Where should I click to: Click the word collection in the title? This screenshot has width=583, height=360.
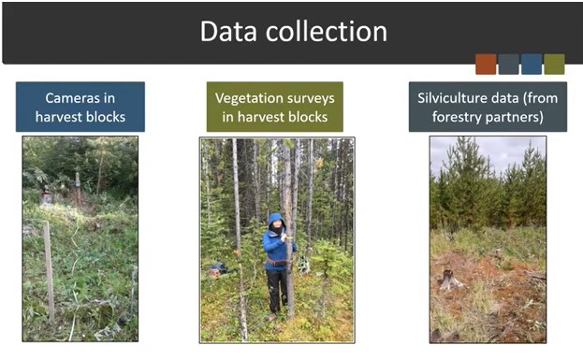pyautogui.click(x=328, y=31)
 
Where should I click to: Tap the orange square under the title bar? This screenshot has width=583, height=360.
pyautogui.click(x=485, y=64)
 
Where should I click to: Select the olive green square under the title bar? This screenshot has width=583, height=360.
pyautogui.click(x=554, y=64)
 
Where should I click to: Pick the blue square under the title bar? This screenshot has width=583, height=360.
pyautogui.click(x=531, y=64)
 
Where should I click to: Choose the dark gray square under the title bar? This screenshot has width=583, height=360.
pyautogui.click(x=508, y=64)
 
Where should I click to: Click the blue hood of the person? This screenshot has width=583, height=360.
pyautogui.click(x=274, y=220)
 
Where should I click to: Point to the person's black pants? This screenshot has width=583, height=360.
pyautogui.click(x=276, y=289)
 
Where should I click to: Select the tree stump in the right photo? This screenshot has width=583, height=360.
pyautogui.click(x=450, y=279)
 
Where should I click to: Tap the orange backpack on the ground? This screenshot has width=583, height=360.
pyautogui.click(x=219, y=269)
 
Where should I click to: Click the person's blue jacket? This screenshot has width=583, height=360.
pyautogui.click(x=275, y=249)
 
